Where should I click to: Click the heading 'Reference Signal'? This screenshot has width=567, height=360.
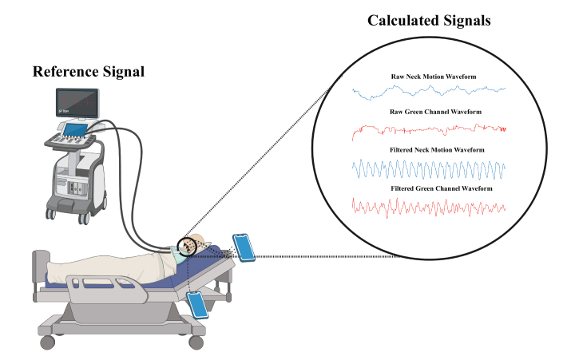pos(89,72)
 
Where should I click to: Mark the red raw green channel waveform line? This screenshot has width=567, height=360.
pos(429,128)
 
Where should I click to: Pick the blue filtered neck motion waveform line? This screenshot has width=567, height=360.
pos(429,168)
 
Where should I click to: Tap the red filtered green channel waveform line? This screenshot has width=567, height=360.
pos(429,206)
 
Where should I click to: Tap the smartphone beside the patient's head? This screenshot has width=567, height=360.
pos(245,247)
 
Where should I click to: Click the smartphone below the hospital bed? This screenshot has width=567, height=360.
pos(198,303)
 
